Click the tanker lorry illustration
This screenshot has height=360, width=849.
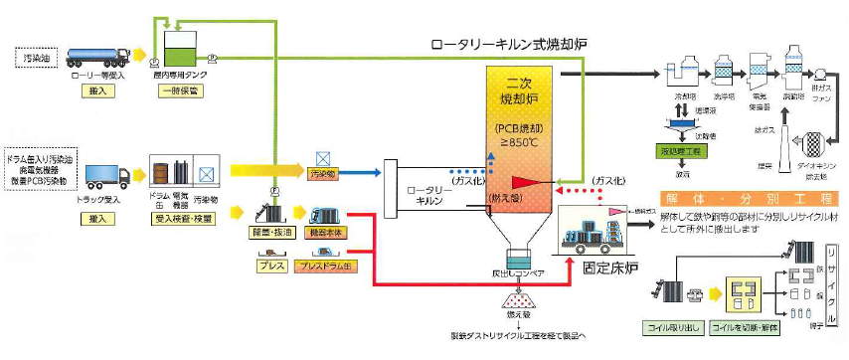[x=97, y=55]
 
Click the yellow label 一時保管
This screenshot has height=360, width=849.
[x=180, y=90]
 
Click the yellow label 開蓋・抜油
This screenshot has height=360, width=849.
[x=267, y=231]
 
